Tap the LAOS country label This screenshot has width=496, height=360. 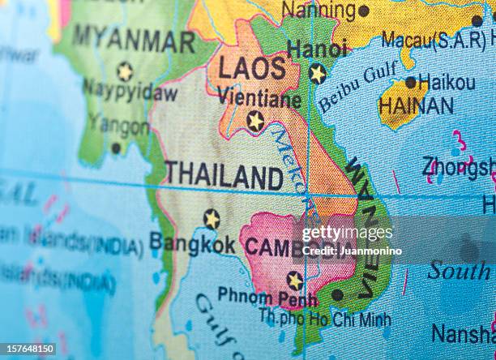(252, 68)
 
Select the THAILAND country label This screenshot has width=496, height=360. (224, 176)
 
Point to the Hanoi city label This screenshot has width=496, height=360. (317, 49)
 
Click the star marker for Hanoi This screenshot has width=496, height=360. (317, 73)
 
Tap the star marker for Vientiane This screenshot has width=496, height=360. (255, 122)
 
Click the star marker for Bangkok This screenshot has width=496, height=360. (212, 219)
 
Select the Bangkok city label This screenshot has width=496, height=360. (192, 242)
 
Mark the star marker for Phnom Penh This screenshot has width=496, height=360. (294, 281)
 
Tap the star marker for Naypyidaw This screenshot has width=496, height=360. (124, 71)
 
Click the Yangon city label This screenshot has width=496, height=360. (118, 126)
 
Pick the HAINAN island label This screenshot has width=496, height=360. (416, 105)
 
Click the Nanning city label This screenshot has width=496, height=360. (319, 11)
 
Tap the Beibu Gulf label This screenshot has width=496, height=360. (357, 87)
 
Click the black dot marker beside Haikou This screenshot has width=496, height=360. (411, 82)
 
